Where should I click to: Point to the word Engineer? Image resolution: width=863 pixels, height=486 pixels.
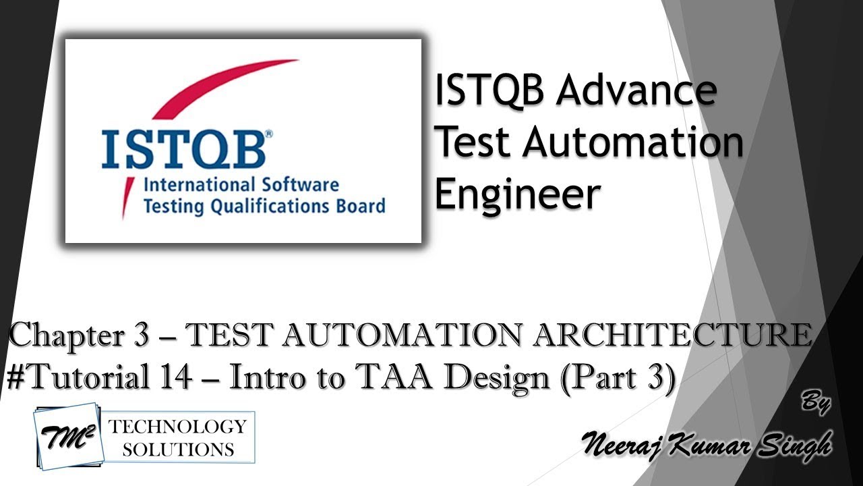(x=517, y=194)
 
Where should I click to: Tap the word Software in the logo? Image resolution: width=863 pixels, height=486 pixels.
(x=299, y=184)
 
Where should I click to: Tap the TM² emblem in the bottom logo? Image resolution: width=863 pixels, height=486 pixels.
(x=67, y=435)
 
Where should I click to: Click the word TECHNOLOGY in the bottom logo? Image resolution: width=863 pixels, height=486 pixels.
(x=177, y=427)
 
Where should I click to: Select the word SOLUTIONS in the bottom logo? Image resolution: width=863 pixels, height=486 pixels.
(x=177, y=449)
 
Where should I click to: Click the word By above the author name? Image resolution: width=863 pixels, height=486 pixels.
(x=816, y=403)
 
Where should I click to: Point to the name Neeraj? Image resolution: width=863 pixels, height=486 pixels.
(x=624, y=445)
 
